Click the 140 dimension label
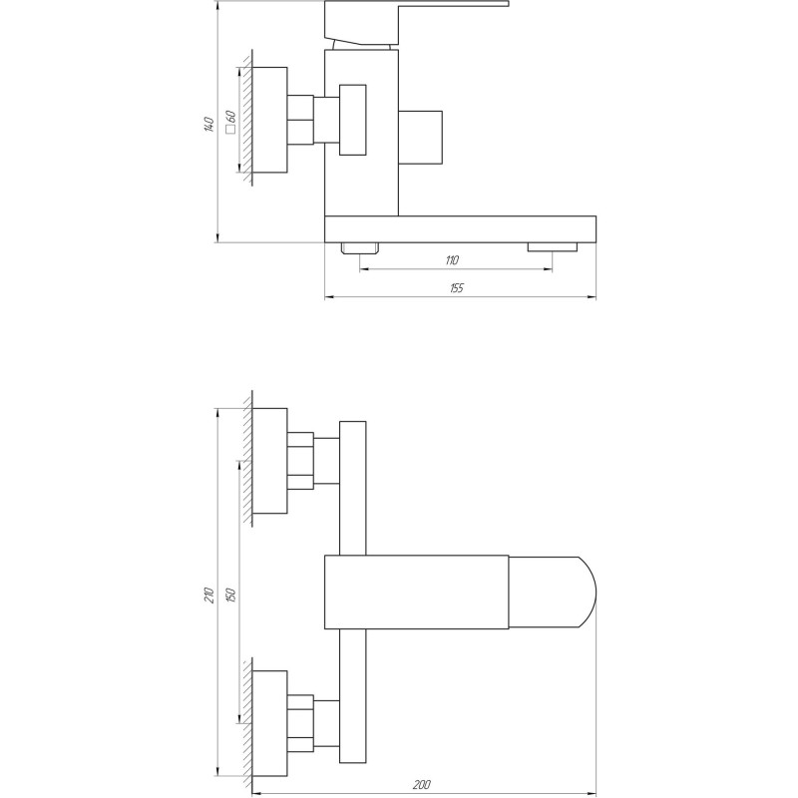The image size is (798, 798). [208, 125]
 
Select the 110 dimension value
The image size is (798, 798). [452, 260]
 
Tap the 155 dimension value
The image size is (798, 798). [457, 288]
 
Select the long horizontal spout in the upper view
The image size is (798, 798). [461, 228]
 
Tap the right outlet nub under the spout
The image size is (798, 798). [553, 247]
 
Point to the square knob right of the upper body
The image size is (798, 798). [420, 136]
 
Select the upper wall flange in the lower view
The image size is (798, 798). [270, 461]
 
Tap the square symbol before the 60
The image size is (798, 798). [230, 131]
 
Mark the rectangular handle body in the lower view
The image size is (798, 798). [417, 593]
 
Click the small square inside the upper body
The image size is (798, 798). [352, 120]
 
